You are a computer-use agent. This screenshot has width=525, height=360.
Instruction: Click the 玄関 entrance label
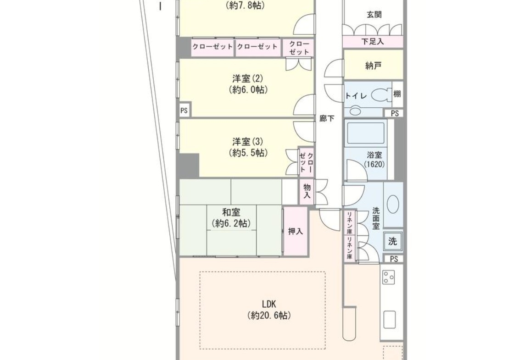coord(374,14)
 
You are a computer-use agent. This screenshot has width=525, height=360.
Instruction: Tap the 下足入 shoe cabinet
coord(373,42)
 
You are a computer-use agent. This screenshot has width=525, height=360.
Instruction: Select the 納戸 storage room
coord(373,65)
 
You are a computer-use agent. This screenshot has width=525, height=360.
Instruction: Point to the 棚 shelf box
coord(397,94)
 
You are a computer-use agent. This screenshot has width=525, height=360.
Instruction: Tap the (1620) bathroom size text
coord(374,164)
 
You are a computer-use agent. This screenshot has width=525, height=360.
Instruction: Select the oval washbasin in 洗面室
coord(393,204)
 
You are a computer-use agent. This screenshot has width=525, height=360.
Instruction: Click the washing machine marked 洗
coord(392,241)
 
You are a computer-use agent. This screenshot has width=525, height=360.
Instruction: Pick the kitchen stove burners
coord(389,277)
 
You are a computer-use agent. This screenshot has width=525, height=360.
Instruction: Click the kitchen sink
coord(389,320)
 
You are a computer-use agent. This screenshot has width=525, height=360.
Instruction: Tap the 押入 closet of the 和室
coord(296,231)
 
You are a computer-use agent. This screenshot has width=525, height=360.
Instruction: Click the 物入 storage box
coord(307,191)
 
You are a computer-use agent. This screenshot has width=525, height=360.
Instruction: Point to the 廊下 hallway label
coord(326,118)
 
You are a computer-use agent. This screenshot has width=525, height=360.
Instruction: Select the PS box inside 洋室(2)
coord(184,111)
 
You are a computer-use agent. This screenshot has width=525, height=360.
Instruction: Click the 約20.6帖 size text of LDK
coord(269,315)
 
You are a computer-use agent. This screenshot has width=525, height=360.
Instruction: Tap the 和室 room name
coord(231,212)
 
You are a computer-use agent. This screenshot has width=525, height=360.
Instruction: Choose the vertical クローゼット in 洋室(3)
coord(307,162)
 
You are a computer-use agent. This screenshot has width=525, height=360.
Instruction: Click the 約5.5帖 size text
coord(248,153)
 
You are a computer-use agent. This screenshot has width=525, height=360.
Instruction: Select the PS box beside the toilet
coord(395,113)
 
